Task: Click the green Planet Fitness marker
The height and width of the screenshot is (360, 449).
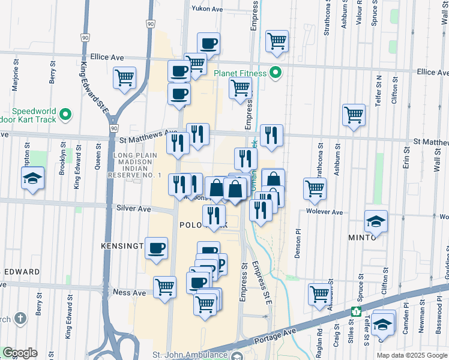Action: pos(276,73)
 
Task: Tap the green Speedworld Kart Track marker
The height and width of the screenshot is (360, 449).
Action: pos(65,114)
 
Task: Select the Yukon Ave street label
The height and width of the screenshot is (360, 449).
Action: pos(208,8)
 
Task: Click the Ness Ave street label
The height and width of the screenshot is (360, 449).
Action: pos(129,293)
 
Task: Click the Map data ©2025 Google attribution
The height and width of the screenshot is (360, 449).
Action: pos(412,355)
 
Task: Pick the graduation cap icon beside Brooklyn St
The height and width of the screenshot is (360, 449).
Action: pos(32,178)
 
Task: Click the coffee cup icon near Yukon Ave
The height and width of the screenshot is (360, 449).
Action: pos(208,43)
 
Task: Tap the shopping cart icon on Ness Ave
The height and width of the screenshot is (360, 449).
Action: pos(164,287)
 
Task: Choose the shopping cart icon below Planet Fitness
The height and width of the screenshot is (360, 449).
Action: pos(240,88)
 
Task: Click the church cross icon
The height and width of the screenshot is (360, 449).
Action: pos(20,317)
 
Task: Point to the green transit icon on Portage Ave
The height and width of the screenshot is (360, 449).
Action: pos(356,311)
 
